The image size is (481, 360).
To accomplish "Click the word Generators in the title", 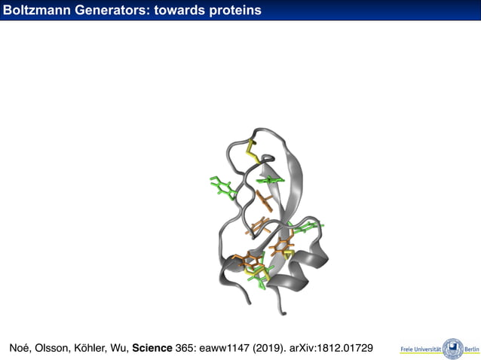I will click(x=109, y=10).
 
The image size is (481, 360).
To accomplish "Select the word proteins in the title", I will click(x=234, y=10).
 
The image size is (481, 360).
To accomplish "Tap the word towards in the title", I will click(x=179, y=10).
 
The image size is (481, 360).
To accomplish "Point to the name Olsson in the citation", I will click(x=54, y=348).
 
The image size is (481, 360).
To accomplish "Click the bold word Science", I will click(x=152, y=348).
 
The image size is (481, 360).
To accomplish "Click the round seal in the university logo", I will click(x=453, y=348).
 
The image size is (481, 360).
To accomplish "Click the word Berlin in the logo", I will click(x=471, y=349).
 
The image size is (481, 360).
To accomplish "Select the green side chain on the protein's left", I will click(x=222, y=188).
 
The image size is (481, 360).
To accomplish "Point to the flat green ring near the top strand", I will click(x=270, y=181).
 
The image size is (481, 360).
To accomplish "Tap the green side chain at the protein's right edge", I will click(x=308, y=226).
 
